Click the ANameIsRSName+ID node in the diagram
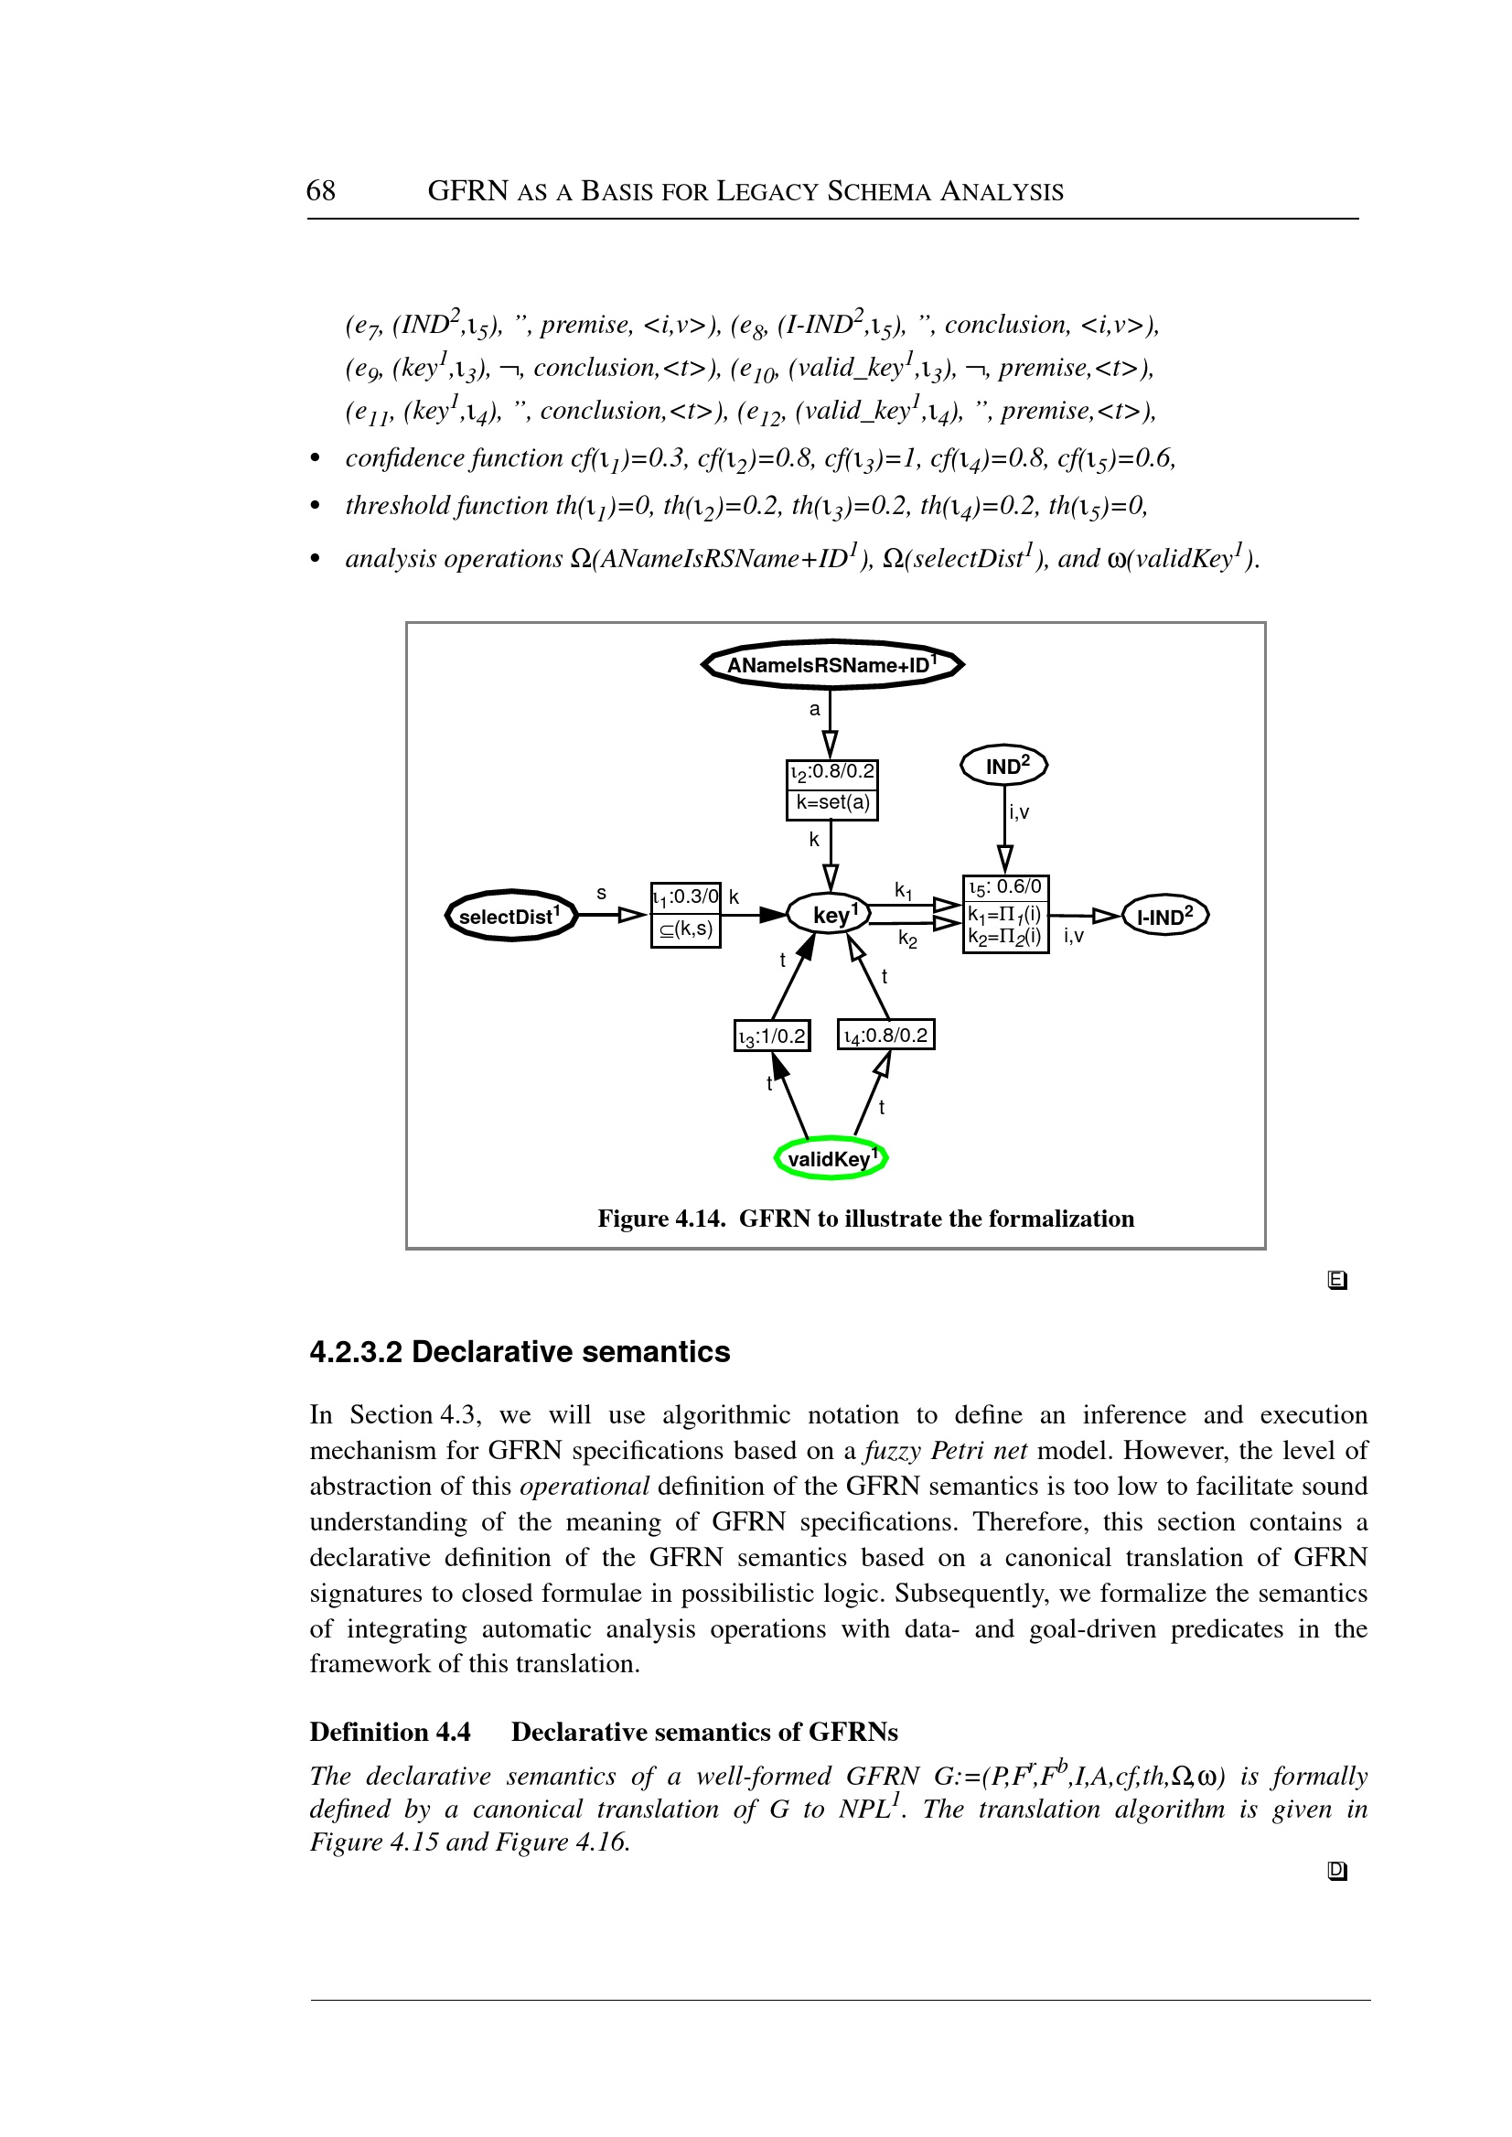[x=831, y=665]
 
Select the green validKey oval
[x=831, y=1158]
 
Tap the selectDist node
[x=510, y=916]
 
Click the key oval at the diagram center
[x=829, y=915]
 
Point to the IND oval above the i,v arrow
[x=1004, y=766]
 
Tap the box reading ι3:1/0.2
[x=772, y=1036]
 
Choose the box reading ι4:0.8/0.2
[x=885, y=1036]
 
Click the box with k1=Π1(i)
[x=1005, y=915]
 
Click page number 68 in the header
[x=320, y=191]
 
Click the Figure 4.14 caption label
[x=661, y=1219]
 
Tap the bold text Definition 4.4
[x=390, y=1732]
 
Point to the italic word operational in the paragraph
[x=584, y=1487]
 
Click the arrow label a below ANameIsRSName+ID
[x=815, y=710]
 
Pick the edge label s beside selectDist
[x=602, y=894]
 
